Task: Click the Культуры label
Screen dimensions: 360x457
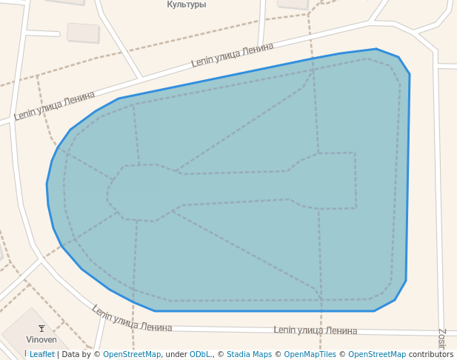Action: coord(186,4)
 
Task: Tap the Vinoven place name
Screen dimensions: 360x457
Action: coord(41,339)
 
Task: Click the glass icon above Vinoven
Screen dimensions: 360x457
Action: coord(41,328)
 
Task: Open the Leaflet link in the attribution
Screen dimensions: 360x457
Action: coord(42,354)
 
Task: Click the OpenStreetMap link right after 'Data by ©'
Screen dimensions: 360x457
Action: coord(132,354)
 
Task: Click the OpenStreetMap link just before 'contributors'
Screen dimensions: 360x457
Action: coord(377,354)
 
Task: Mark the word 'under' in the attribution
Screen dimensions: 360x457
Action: coord(176,354)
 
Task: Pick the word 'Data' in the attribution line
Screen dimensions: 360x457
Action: coord(71,354)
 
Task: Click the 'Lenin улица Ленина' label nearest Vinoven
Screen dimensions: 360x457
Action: coord(132,319)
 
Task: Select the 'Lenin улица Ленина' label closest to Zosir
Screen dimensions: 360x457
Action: coord(315,330)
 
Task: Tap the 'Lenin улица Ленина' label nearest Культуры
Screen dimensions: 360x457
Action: coord(232,56)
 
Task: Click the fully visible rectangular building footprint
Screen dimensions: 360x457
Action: coord(83,33)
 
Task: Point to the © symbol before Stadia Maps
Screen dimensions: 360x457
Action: coord(221,354)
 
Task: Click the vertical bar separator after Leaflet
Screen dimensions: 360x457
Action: coord(58,354)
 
